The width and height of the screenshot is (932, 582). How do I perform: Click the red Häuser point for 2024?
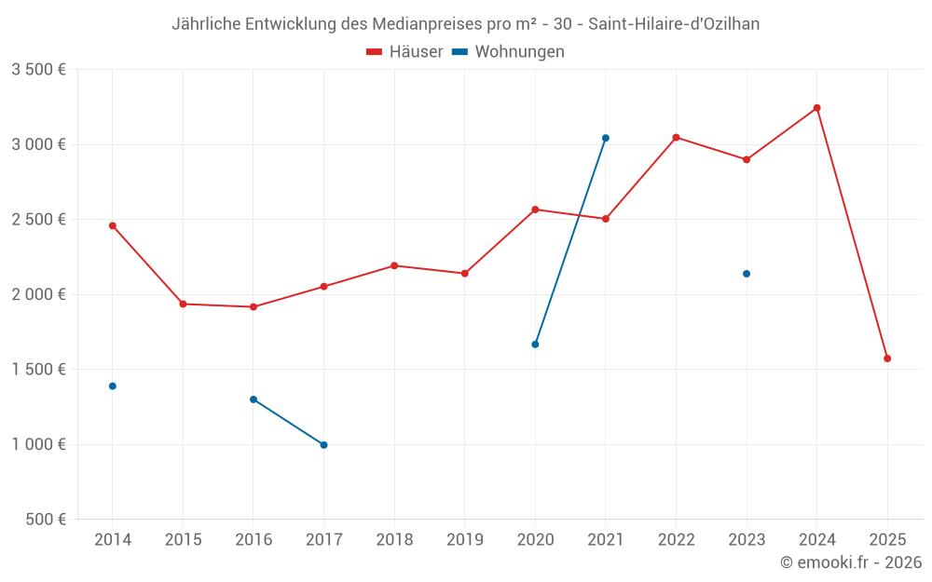[x=816, y=108]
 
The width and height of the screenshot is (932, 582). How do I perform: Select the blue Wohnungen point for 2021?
[x=606, y=138]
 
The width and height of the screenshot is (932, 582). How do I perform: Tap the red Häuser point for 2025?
[x=887, y=359]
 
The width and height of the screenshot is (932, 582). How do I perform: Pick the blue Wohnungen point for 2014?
[x=113, y=386]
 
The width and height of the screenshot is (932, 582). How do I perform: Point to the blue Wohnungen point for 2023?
[x=747, y=274]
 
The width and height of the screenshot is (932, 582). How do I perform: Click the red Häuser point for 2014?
[x=113, y=225]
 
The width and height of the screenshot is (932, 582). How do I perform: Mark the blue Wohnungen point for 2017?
[x=323, y=445]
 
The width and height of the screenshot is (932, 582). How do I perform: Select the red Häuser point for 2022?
[x=676, y=138]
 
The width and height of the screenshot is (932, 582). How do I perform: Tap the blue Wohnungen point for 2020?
[x=535, y=345]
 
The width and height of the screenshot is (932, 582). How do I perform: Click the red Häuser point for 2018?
[x=394, y=265]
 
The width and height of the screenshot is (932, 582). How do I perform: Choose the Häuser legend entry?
[x=404, y=52]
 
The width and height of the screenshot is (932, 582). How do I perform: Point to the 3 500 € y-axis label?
[x=38, y=70]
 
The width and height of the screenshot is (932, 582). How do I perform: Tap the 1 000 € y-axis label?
[x=38, y=444]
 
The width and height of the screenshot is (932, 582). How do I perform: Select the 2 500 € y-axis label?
[x=38, y=220]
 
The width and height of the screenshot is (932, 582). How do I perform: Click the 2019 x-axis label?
[x=464, y=540]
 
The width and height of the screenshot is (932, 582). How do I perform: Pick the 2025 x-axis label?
[x=887, y=540]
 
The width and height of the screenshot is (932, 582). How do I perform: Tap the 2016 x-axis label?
[x=254, y=540]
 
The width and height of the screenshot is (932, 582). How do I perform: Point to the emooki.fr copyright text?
[x=851, y=562]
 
